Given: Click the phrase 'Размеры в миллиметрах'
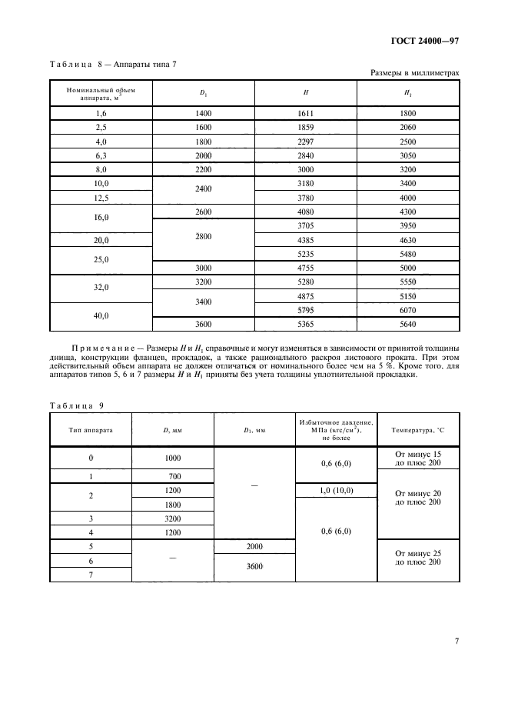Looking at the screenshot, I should (x=414, y=73).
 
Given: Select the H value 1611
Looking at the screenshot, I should (x=306, y=113).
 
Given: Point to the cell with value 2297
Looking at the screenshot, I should (x=306, y=142).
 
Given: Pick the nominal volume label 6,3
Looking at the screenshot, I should (x=101, y=155).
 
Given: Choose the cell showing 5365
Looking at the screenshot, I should (x=306, y=324).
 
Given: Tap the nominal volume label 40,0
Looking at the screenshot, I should (x=101, y=316).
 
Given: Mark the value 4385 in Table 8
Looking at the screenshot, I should (x=306, y=240).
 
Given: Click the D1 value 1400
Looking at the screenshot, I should (x=203, y=113).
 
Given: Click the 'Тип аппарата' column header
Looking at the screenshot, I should (x=91, y=429).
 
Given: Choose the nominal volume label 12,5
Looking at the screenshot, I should (x=101, y=198).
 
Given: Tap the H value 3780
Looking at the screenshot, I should (x=306, y=198).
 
